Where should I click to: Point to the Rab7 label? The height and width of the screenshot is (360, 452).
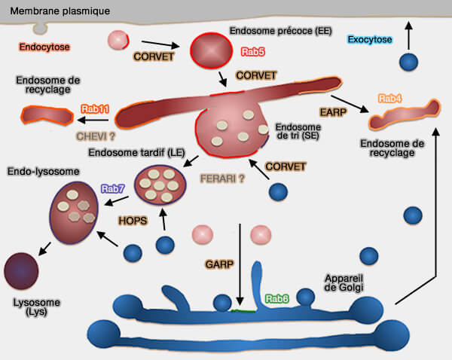(113, 188)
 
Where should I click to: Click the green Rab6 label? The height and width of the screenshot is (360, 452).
(276, 298)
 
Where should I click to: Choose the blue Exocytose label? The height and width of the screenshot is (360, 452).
(370, 39)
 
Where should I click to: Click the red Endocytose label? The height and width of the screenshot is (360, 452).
(44, 47)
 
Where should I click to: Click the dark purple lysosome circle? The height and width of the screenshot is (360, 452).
(23, 270)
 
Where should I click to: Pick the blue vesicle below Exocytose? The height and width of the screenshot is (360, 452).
(409, 63)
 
